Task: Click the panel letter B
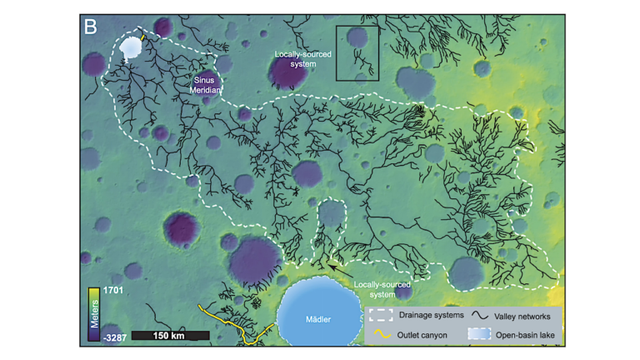pyautogui.click(x=91, y=27)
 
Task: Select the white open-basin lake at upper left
pyautogui.click(x=130, y=47)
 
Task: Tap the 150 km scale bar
pyautogui.click(x=170, y=335)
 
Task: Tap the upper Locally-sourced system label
pyautogui.click(x=303, y=58)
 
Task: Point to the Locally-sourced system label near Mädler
pyautogui.click(x=382, y=289)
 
